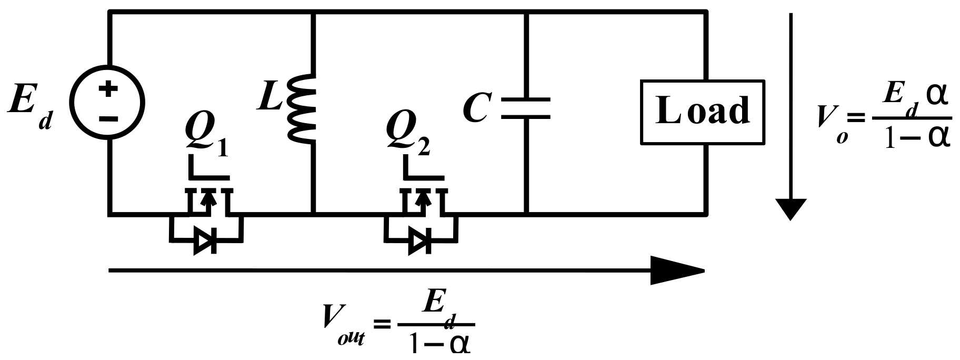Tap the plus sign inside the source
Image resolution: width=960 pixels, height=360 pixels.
(108, 89)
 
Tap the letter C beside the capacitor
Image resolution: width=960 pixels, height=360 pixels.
(476, 108)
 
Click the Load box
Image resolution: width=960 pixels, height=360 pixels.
(702, 112)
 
